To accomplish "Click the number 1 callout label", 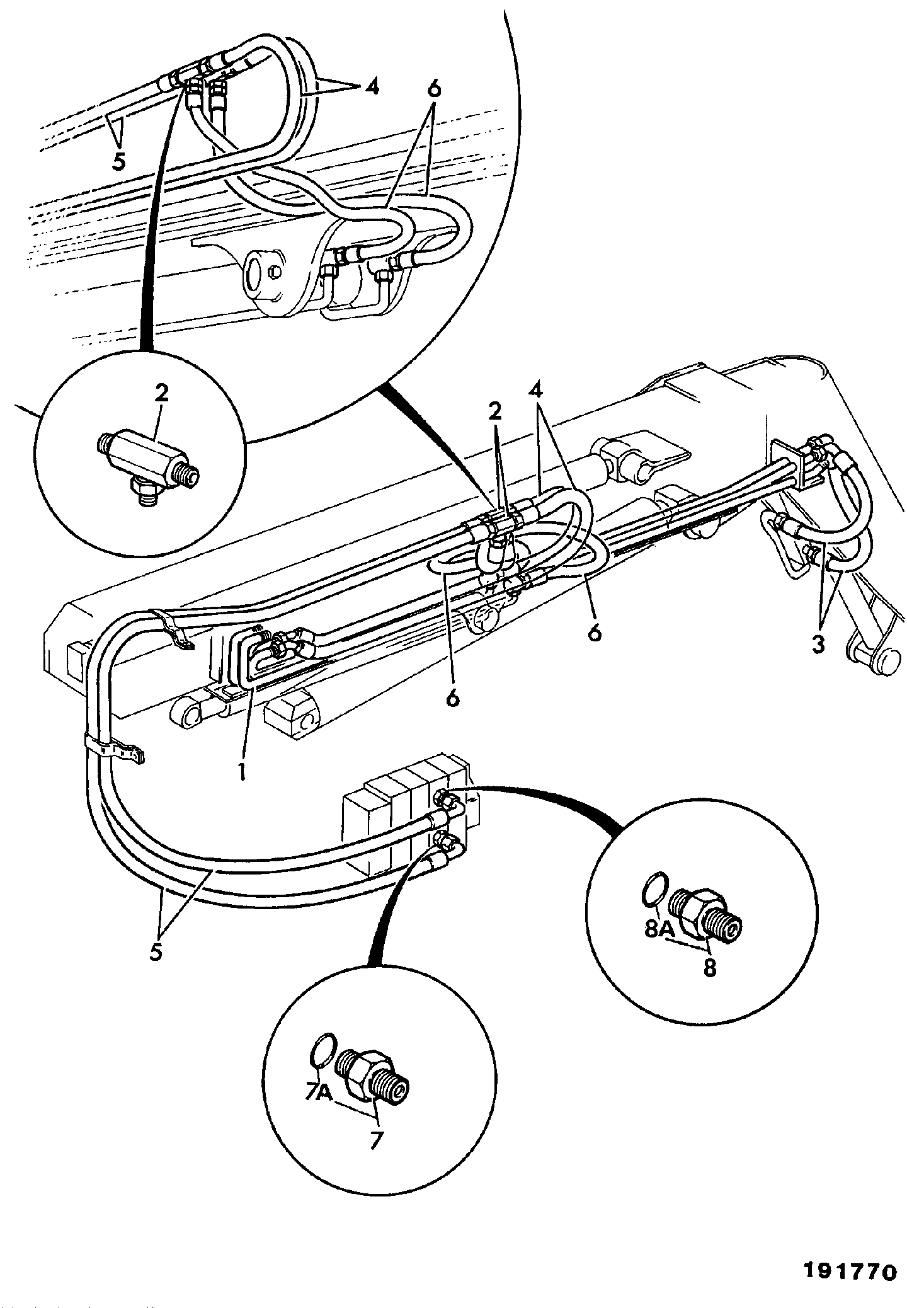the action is pyautogui.click(x=241, y=772).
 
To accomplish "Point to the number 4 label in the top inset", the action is pyautogui.click(x=372, y=86).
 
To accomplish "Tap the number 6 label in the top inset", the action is pyautogui.click(x=433, y=89).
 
